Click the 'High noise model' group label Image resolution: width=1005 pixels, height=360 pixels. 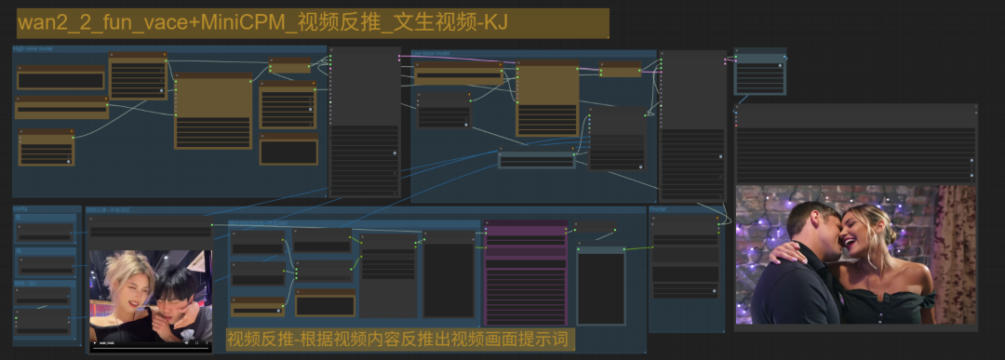pyautogui.click(x=32, y=47)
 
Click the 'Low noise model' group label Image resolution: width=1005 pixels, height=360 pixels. pyautogui.click(x=432, y=53)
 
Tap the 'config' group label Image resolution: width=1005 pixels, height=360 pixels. pyautogui.click(x=20, y=209)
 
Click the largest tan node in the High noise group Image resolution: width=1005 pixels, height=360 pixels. pyautogui.click(x=213, y=112)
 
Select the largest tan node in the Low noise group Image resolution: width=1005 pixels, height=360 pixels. pyautogui.click(x=547, y=99)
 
